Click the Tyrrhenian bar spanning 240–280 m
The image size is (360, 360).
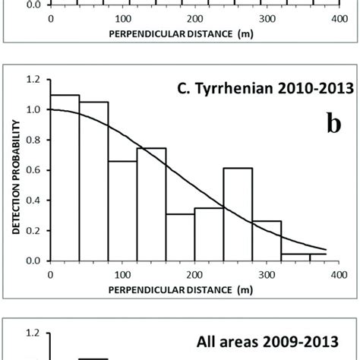point(209,213)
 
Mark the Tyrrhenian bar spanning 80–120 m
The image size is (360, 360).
point(122,210)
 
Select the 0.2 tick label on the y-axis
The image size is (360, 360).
point(33,230)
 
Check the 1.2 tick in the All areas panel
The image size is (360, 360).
point(33,333)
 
